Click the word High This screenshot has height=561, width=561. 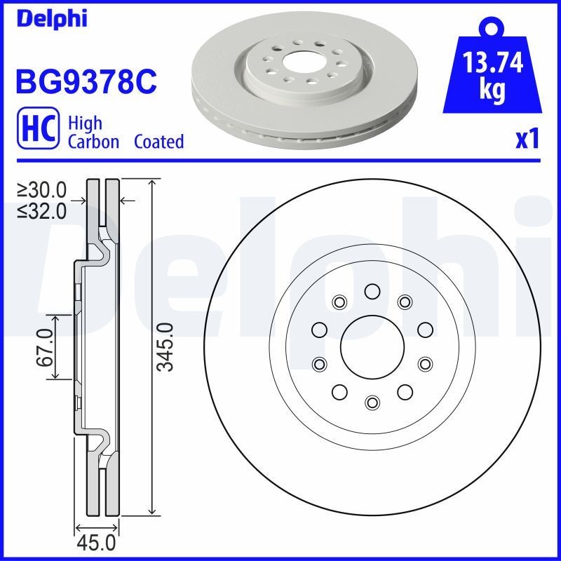pos(85,123)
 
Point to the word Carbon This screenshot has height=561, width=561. pos(93,142)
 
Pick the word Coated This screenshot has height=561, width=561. pos(158,142)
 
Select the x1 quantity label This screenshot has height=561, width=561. pos(527,139)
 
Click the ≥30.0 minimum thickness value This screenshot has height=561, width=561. pos(42,189)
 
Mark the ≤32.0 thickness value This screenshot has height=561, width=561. pos(42,210)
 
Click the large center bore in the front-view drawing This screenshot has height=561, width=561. pos(372,346)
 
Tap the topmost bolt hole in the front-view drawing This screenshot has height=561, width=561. pos(372,292)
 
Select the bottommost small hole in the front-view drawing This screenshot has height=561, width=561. pos(372,402)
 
